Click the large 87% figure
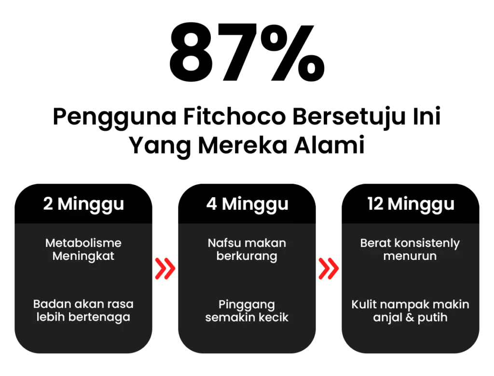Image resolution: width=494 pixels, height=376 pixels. (x=247, y=52)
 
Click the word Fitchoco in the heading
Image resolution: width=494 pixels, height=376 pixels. (x=234, y=117)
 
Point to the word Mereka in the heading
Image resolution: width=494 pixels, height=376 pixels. (x=243, y=145)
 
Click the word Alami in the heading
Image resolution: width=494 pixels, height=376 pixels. (x=329, y=145)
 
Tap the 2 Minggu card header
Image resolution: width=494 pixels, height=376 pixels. (x=83, y=204)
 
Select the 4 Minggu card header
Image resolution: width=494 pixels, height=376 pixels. (x=247, y=204)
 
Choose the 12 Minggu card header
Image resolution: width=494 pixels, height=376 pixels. (x=411, y=204)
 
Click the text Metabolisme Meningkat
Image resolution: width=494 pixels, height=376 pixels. (x=83, y=249)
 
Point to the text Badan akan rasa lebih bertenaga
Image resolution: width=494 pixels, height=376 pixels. (x=83, y=311)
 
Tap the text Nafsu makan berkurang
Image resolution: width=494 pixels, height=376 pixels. (x=247, y=249)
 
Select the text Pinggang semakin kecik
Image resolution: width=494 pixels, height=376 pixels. (x=247, y=311)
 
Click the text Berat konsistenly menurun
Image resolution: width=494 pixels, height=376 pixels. (x=410, y=249)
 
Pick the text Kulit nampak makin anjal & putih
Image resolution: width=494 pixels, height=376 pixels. (x=410, y=311)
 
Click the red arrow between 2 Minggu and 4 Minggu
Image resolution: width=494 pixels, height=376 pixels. (x=165, y=269)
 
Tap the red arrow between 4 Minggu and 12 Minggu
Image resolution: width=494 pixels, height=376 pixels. (x=329, y=269)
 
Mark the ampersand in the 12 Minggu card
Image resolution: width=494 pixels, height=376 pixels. (x=410, y=317)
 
